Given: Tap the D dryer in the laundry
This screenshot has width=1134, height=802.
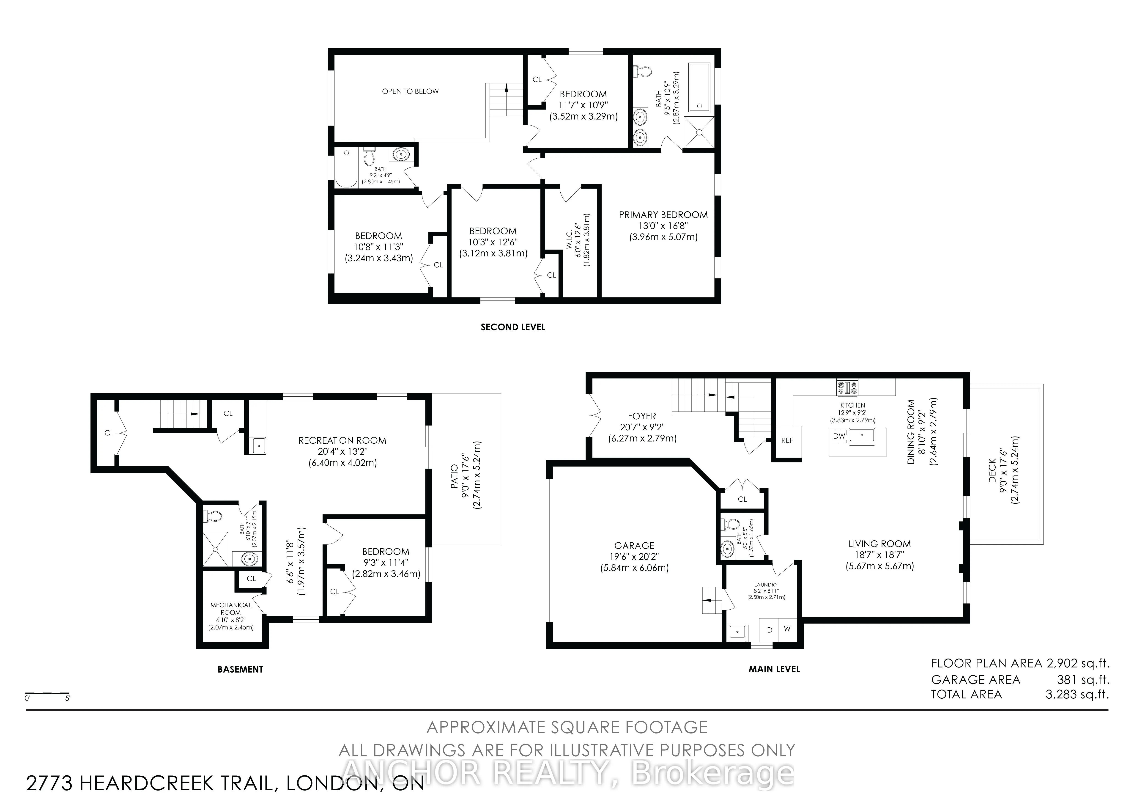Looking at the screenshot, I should pos(769,629).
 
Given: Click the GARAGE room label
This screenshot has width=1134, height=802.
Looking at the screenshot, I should pos(634,546).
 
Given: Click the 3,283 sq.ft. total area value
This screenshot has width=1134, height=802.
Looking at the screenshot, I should pos(1077,694).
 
